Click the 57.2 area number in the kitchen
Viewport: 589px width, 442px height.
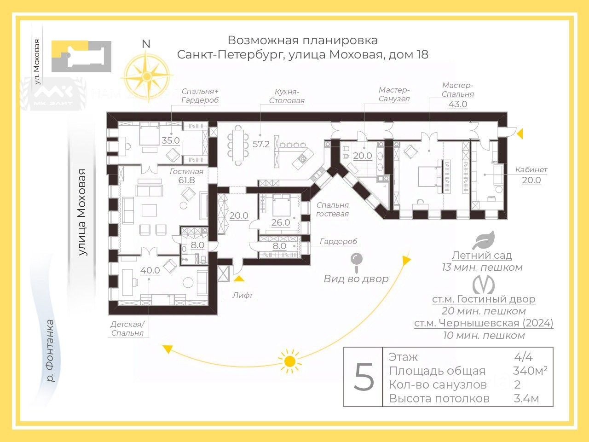tap(261, 144)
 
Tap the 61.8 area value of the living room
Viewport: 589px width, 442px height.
tap(186, 180)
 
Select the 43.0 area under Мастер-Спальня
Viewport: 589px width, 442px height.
tap(458, 104)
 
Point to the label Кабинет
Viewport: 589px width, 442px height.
tap(531, 169)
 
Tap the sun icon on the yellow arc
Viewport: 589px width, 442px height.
tap(289, 361)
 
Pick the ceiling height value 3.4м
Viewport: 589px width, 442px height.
tap(526, 398)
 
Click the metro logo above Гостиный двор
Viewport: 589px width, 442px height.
tap(483, 284)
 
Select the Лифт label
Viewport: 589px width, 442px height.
tap(243, 295)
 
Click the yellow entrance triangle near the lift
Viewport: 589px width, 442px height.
tap(238, 278)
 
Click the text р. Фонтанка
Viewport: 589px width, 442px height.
tap(49, 351)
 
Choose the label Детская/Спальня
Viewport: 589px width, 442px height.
tap(127, 328)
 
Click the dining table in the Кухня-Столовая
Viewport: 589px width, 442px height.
tap(238, 144)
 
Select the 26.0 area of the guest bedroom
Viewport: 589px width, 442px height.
tap(280, 222)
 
